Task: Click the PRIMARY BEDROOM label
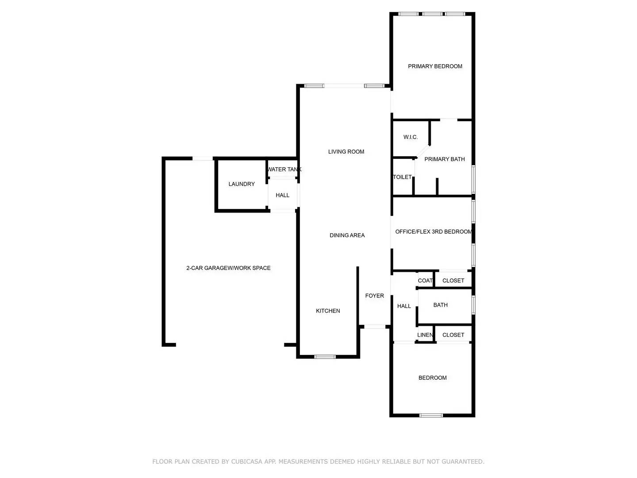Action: pos(435,66)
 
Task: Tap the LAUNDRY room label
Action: pos(242,184)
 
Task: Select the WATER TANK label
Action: pos(284,170)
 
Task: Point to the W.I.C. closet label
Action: pos(411,137)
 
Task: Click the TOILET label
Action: pos(402,177)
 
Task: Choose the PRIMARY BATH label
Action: pos(445,159)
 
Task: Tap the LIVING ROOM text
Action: pos(346,152)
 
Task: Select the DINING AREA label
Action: pos(347,235)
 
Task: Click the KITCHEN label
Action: pos(328,311)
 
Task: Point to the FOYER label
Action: pos(374,296)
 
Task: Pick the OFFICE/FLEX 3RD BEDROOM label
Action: pos(434,232)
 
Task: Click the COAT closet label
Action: pos(425,281)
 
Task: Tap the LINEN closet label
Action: pos(425,335)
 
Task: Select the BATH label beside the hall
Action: pos(440,305)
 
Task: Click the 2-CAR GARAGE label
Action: pos(228,268)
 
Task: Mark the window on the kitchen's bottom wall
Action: pos(325,356)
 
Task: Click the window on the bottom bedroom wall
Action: pos(431,415)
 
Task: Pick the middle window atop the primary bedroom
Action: pos(432,14)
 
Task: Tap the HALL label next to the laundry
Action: pos(282,195)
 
